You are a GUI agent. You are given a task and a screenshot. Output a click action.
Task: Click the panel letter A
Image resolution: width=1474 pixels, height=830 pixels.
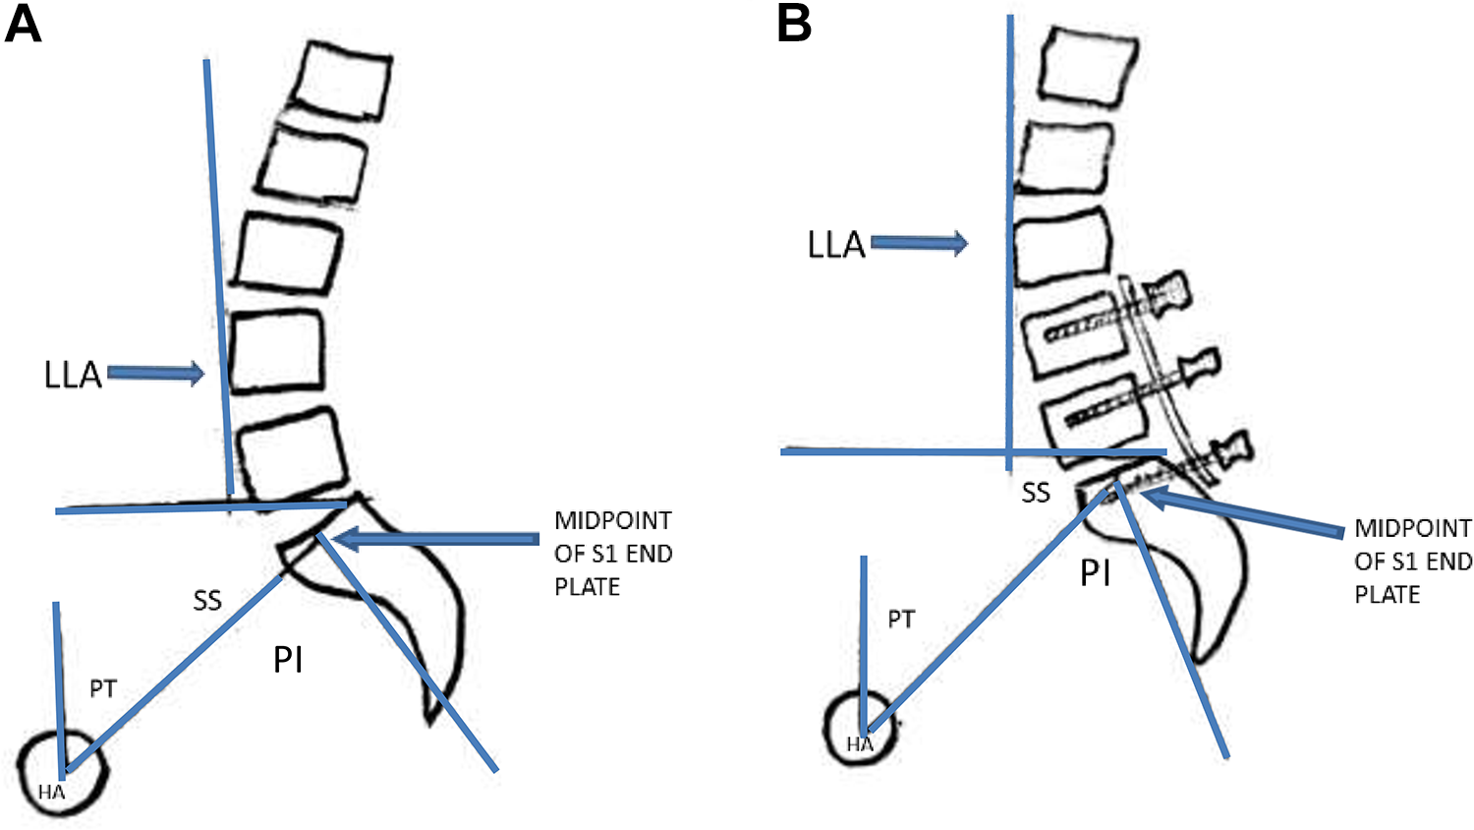(x=24, y=26)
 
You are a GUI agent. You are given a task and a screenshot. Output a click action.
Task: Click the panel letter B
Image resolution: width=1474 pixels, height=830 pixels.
(x=794, y=26)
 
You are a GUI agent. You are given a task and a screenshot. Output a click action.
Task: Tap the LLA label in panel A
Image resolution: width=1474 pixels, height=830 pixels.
(x=73, y=376)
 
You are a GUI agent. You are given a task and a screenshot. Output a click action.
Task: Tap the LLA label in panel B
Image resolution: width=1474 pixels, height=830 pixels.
(x=836, y=245)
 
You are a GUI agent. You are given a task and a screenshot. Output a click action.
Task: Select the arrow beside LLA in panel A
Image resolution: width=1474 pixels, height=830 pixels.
(x=156, y=374)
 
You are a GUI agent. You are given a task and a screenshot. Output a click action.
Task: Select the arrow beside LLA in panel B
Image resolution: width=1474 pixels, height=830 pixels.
(x=919, y=243)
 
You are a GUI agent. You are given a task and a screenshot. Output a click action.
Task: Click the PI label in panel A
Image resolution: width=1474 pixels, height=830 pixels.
(x=288, y=660)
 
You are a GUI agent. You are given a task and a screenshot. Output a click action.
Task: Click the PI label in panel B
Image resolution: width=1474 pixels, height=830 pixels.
(x=1096, y=573)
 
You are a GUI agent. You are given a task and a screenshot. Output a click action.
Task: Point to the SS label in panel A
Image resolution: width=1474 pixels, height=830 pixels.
(x=207, y=600)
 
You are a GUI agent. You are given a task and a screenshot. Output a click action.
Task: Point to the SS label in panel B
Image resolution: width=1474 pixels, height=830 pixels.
(x=1036, y=493)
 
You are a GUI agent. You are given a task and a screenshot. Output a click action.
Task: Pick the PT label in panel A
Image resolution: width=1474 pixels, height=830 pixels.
(x=103, y=689)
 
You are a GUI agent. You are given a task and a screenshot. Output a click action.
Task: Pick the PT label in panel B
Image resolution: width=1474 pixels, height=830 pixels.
(x=901, y=620)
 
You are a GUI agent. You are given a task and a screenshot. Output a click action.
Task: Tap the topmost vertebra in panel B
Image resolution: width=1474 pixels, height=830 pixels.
(x=1088, y=67)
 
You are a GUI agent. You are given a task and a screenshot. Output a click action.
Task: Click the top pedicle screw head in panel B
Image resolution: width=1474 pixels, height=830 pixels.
(x=1168, y=294)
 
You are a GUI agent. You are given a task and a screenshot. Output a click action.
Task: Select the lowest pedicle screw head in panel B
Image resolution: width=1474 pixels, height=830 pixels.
(x=1232, y=452)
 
